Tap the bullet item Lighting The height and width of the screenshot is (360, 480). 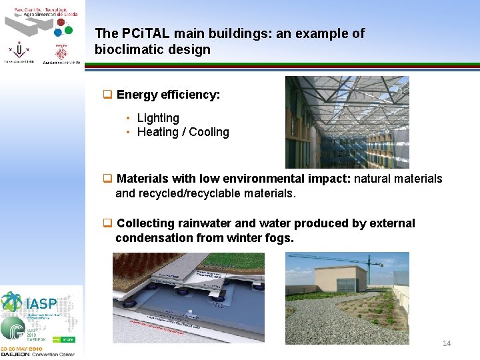pos(158,118)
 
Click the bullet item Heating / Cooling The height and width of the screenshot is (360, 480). pos(183,132)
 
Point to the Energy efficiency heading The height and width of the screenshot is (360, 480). pos(168,95)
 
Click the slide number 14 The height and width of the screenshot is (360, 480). pos(447,343)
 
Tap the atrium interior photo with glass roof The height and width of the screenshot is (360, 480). pos(347,122)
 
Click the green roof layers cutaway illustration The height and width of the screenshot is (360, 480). pos(188,297)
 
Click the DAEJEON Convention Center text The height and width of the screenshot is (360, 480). pos(41,353)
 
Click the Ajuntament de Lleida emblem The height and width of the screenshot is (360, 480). pos(61,53)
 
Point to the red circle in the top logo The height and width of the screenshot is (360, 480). pos(61,22)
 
